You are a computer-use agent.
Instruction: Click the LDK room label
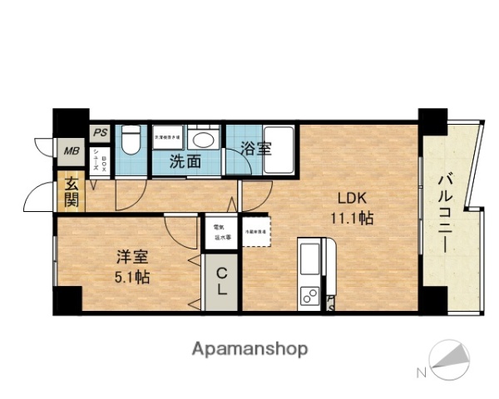click(x=350, y=199)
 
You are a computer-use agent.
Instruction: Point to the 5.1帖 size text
click(x=131, y=276)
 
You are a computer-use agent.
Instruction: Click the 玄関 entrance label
click(x=72, y=193)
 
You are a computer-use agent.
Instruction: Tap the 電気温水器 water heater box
click(x=222, y=231)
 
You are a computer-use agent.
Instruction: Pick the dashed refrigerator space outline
click(x=254, y=231)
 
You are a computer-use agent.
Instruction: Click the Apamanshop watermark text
click(x=250, y=347)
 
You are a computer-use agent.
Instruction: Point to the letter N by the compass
click(x=422, y=372)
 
